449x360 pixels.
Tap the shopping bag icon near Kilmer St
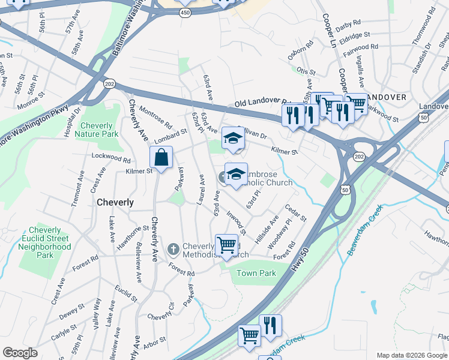(161, 159)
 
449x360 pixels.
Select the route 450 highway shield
(186, 11)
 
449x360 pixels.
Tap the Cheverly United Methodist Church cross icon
(173, 248)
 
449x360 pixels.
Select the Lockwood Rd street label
(111, 158)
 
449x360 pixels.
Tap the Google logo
(20, 353)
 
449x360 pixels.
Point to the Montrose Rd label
(155, 119)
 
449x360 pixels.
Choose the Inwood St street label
(237, 222)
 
